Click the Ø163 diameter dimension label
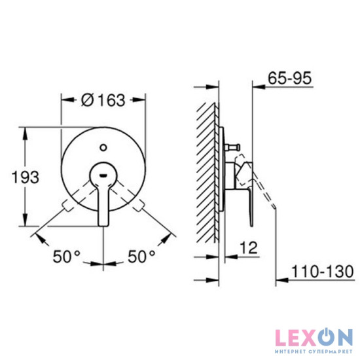tap(103, 100)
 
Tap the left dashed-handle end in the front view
tap(67, 209)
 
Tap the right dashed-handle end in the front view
tap(139, 209)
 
